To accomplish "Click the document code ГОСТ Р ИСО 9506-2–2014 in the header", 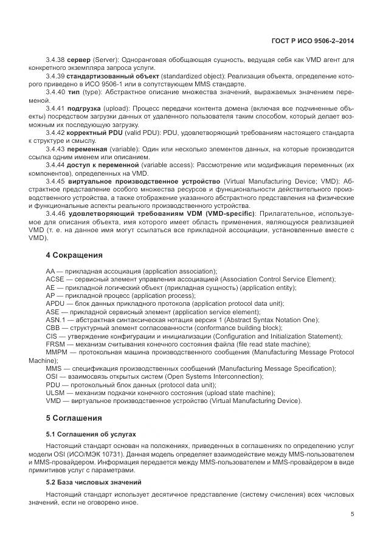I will click(x=312, y=41).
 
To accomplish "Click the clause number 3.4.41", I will click(x=57, y=108).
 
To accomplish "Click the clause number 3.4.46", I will click(x=57, y=213).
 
